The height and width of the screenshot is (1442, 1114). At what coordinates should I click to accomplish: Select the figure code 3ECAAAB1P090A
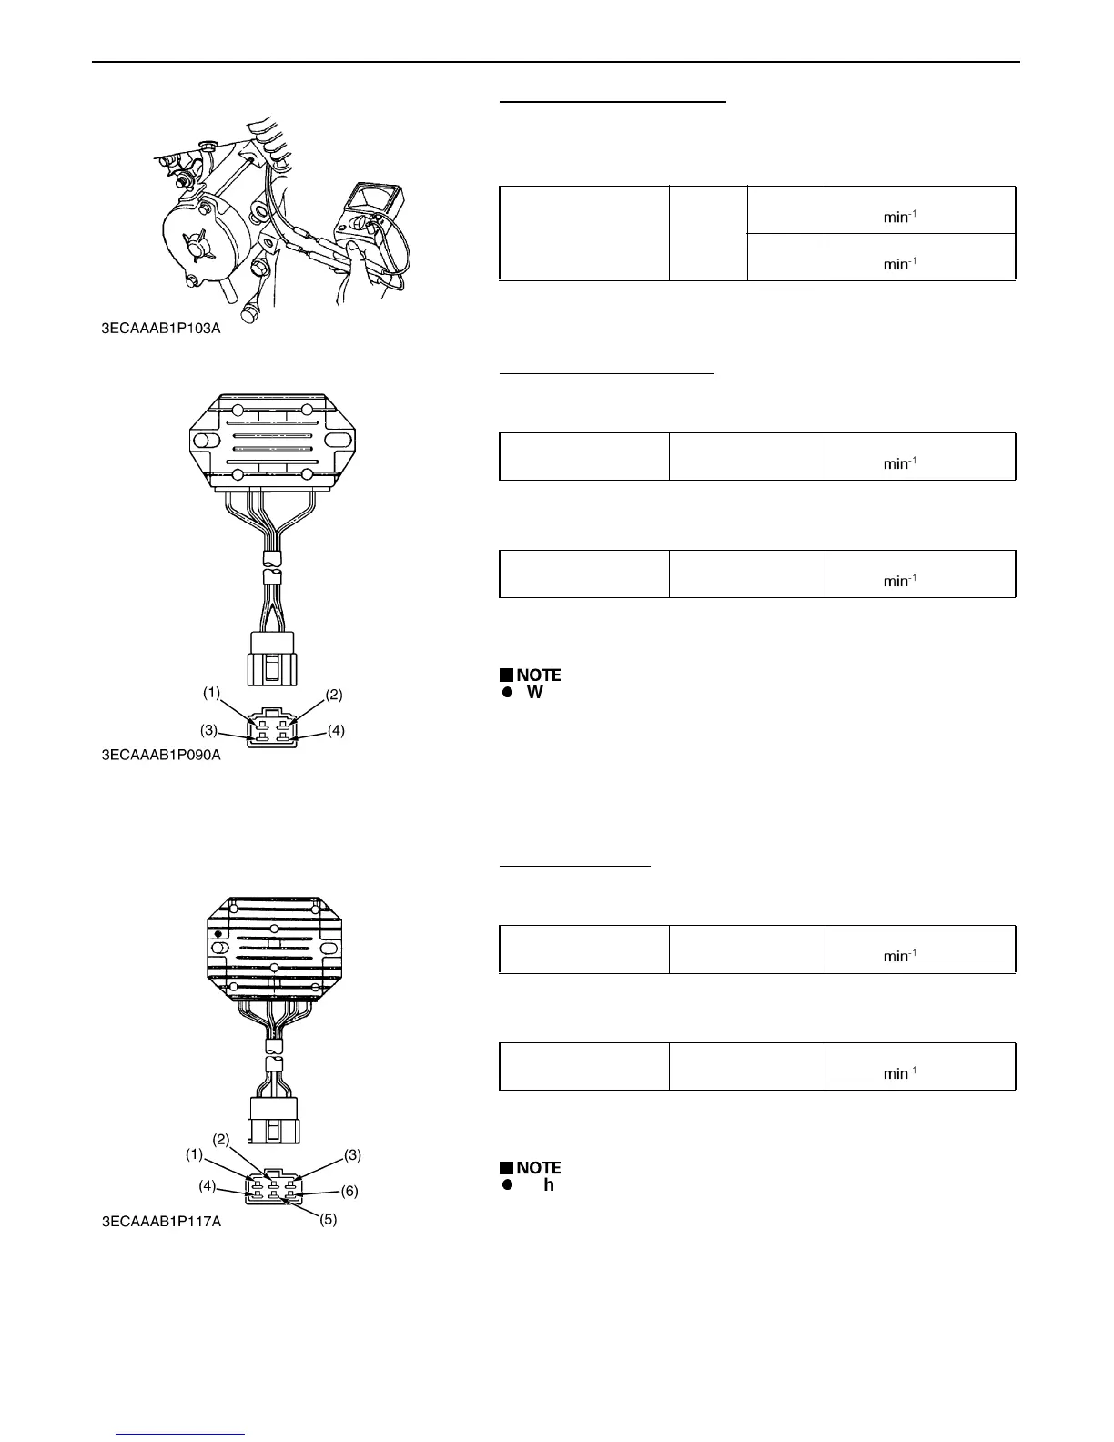[161, 755]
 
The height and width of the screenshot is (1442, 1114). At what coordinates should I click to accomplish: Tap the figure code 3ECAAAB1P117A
[161, 1222]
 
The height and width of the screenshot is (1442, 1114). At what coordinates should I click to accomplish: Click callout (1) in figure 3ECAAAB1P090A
[211, 693]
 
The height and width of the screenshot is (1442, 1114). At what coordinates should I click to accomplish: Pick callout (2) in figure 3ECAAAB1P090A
[334, 695]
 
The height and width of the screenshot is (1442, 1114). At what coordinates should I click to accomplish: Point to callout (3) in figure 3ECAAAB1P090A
[209, 730]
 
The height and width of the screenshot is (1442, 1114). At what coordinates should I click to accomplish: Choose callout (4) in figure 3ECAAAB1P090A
[336, 730]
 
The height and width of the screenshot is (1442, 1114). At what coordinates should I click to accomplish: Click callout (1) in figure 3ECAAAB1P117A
[195, 1154]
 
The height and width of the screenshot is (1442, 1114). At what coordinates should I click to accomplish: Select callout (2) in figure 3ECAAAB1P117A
[221, 1139]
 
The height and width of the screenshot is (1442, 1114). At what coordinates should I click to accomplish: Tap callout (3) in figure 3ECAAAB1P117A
[353, 1154]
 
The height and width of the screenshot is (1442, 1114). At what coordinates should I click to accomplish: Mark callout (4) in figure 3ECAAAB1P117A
[207, 1185]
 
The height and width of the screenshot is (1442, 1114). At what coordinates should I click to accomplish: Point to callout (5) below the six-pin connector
[329, 1219]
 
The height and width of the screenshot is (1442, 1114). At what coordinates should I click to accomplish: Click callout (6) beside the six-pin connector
[350, 1191]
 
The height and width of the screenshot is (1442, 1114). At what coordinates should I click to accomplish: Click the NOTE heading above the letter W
[538, 675]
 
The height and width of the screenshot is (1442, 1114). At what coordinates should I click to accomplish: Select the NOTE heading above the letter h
[538, 1168]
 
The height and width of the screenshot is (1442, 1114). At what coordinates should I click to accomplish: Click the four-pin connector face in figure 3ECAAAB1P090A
[272, 727]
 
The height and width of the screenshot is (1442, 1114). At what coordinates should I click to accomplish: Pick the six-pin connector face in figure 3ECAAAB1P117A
[272, 1187]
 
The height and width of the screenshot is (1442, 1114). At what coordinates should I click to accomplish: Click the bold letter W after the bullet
[535, 693]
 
